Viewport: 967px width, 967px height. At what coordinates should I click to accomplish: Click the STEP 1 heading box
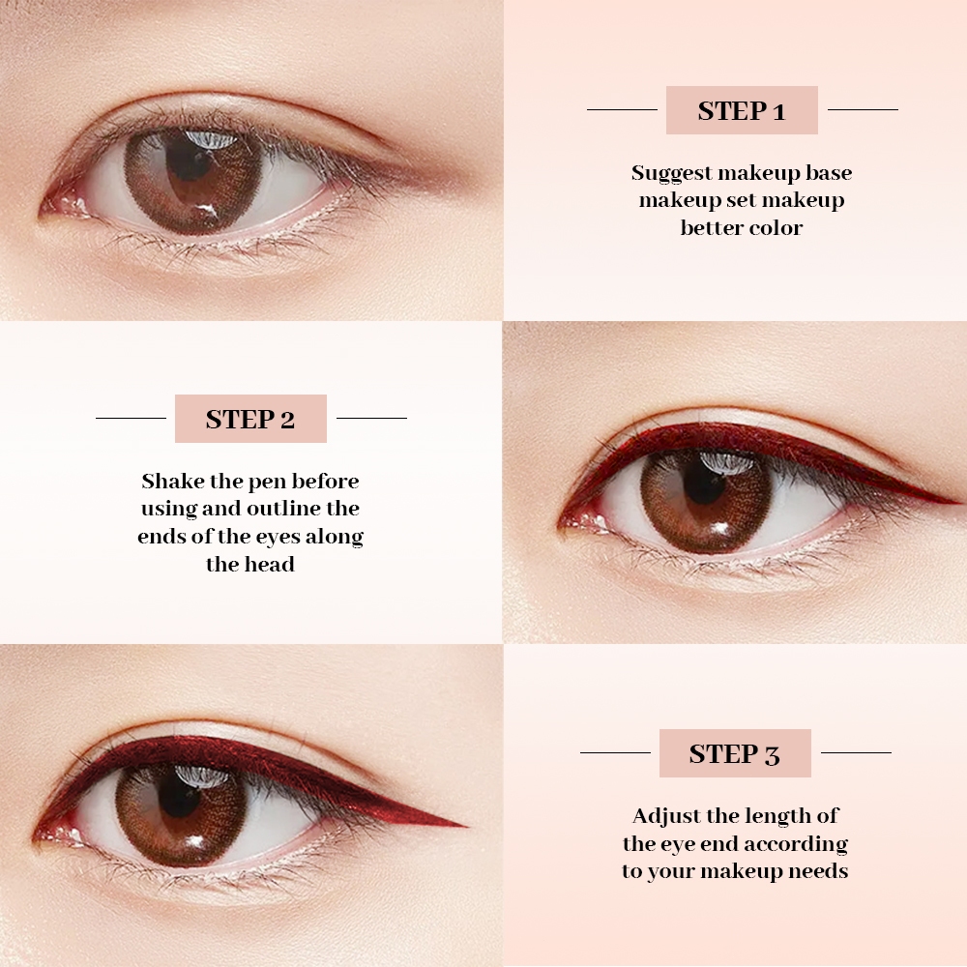pos(742,110)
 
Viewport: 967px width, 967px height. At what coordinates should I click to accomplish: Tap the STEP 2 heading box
pos(250,419)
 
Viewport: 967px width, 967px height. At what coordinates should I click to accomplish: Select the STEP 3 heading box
pos(735,753)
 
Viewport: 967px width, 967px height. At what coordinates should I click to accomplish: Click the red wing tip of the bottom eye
pos(466,825)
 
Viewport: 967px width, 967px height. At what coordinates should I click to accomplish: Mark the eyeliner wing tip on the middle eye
pos(956,500)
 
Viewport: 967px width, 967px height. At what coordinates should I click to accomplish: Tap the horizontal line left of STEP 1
pos(622,110)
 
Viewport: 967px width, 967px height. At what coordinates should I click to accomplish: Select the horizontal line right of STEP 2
pos(372,418)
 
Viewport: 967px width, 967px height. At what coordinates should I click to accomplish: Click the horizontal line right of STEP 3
pos(856,752)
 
